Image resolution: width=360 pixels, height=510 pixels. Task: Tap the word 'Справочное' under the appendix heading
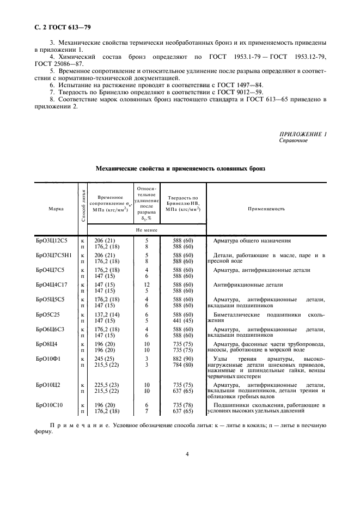(293, 141)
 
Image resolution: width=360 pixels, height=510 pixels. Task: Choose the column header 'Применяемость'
(266, 209)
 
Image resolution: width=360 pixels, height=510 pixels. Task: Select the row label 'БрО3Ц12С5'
(52, 240)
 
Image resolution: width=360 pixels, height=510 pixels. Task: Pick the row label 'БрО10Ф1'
(48, 359)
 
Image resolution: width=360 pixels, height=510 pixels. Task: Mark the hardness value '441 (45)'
(179, 320)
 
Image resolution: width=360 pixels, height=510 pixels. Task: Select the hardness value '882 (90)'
(179, 359)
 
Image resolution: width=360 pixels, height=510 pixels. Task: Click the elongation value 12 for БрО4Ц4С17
(147, 284)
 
